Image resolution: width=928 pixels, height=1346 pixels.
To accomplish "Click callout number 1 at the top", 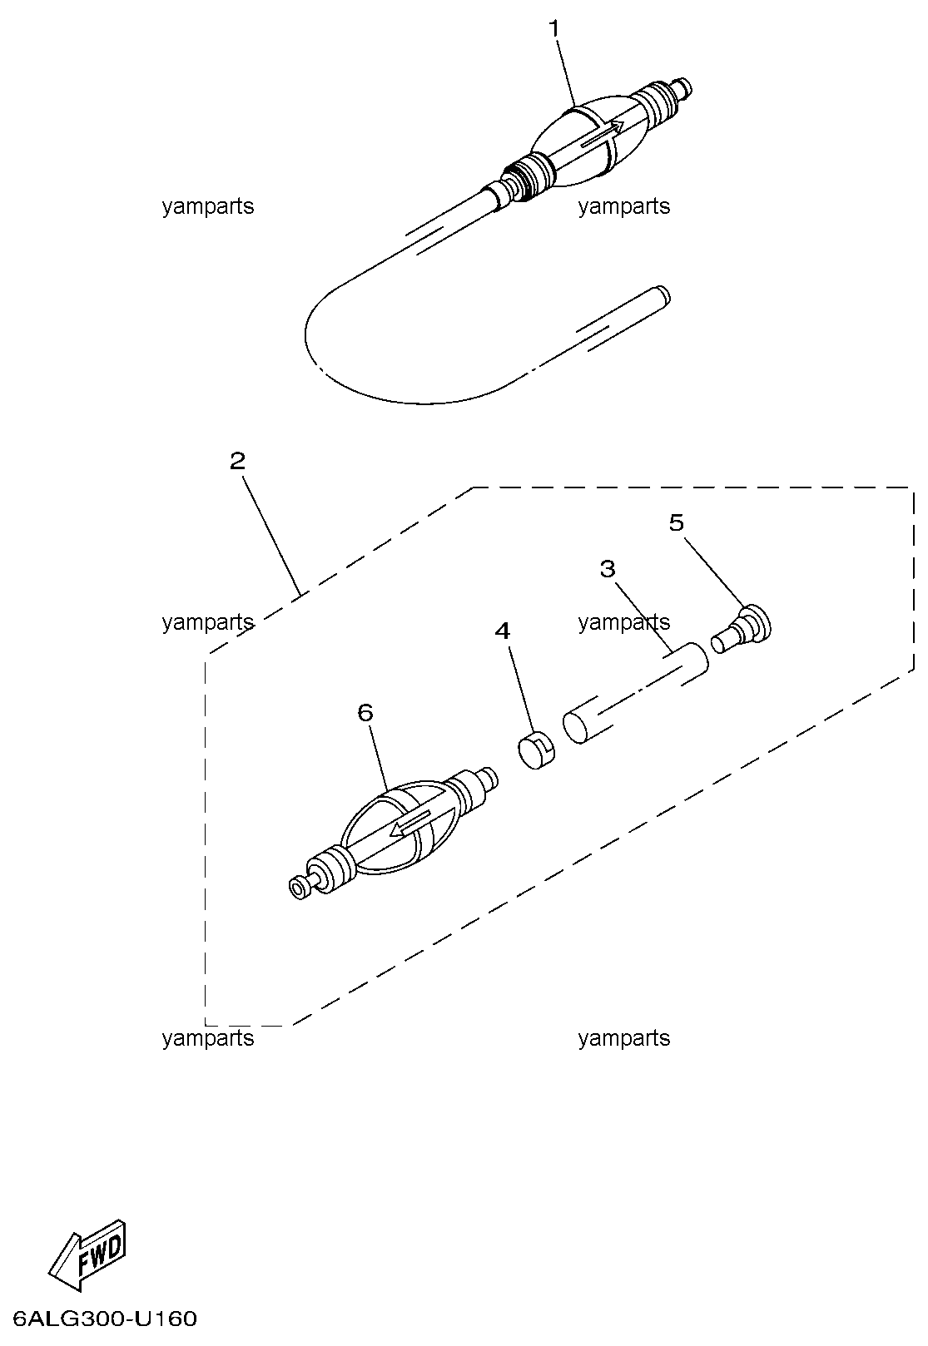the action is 554,28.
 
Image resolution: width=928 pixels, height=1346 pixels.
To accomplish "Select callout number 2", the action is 237,462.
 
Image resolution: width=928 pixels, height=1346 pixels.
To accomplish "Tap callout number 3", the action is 608,568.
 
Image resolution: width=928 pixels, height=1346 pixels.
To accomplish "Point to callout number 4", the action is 503,631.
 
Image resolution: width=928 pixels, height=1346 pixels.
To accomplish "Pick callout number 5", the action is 677,522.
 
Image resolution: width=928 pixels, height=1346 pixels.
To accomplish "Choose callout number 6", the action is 365,713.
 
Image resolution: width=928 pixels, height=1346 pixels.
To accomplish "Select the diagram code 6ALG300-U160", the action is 104,1319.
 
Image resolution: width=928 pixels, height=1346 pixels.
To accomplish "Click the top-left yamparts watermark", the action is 208,206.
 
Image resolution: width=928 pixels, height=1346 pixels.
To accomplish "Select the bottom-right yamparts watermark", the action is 624,1037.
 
